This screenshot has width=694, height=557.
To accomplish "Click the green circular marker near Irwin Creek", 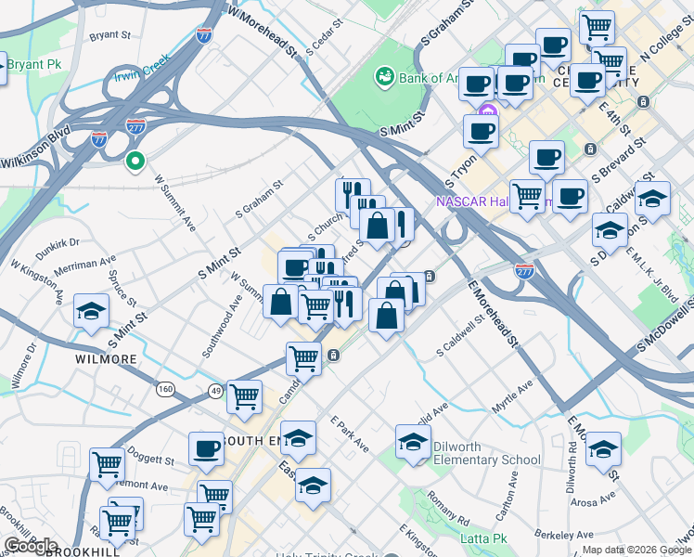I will [x=135, y=162].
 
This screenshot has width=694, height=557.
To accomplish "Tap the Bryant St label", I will [x=109, y=35].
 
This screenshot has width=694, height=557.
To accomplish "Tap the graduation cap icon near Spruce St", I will [x=92, y=311].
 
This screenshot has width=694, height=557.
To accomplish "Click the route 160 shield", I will [x=166, y=388].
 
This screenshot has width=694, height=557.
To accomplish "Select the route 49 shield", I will [x=215, y=390].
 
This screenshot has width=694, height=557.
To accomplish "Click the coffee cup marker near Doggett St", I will [x=206, y=449].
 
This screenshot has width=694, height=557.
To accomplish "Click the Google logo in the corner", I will [x=31, y=545].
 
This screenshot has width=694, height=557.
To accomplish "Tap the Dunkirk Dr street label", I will [x=58, y=243].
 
